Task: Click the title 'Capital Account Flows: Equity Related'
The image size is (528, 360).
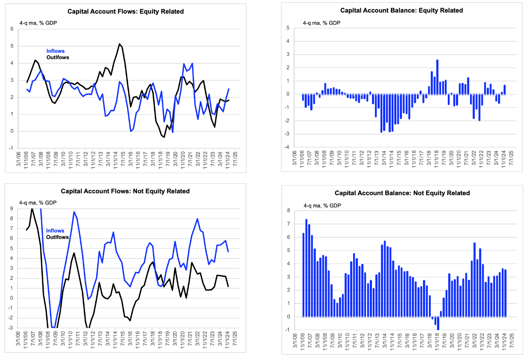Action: coord(126,11)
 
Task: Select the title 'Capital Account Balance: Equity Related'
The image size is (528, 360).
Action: coord(402,11)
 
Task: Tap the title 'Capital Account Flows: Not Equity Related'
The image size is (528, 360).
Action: coord(125,191)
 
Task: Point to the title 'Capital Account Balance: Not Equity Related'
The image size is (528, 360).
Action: coord(402,193)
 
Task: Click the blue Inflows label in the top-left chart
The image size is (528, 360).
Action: coord(55,51)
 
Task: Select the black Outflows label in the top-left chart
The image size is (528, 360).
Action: coord(58,58)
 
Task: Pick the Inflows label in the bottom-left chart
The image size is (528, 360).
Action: coord(55,231)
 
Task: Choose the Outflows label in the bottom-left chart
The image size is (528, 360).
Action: coord(57,237)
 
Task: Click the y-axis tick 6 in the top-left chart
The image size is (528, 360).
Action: coord(12,29)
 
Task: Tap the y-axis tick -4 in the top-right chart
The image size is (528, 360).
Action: coord(287,147)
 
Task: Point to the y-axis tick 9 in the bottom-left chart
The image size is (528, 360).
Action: coord(11,209)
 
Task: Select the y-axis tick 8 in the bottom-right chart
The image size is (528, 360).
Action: coord(288,211)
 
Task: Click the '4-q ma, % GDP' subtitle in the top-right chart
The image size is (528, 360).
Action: coord(322,23)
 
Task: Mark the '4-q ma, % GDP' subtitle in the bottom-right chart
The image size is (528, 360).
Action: coord(322,206)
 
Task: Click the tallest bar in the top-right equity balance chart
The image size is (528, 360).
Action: coord(437,77)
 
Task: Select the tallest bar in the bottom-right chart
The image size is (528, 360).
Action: coord(307,268)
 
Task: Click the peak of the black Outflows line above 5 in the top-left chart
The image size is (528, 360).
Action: coord(119,44)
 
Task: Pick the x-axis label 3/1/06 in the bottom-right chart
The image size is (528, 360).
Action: coord(295,340)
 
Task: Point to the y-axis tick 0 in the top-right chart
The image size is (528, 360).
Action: coord(288,94)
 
